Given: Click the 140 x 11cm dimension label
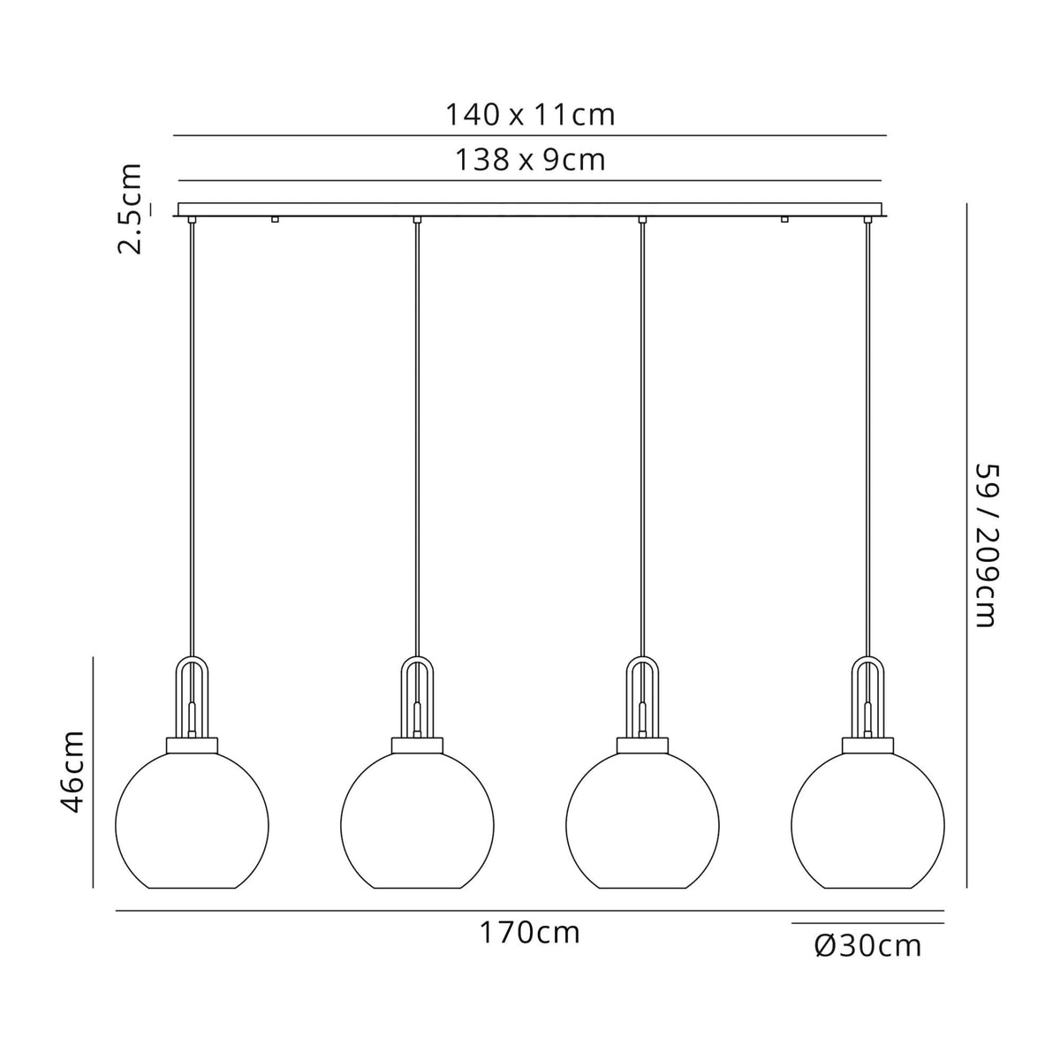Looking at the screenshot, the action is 529,115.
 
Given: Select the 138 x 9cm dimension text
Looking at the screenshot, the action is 530,160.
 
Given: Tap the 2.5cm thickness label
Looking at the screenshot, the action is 131,208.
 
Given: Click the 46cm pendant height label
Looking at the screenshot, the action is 72,771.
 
